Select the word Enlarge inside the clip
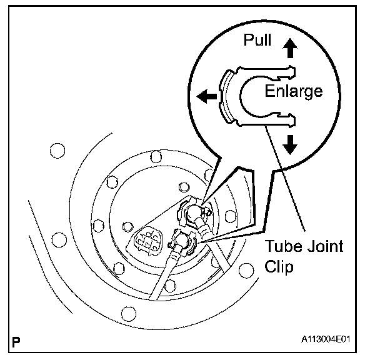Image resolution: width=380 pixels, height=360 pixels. tap(294, 91)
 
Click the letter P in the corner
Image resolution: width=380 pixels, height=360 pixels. tap(16, 342)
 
